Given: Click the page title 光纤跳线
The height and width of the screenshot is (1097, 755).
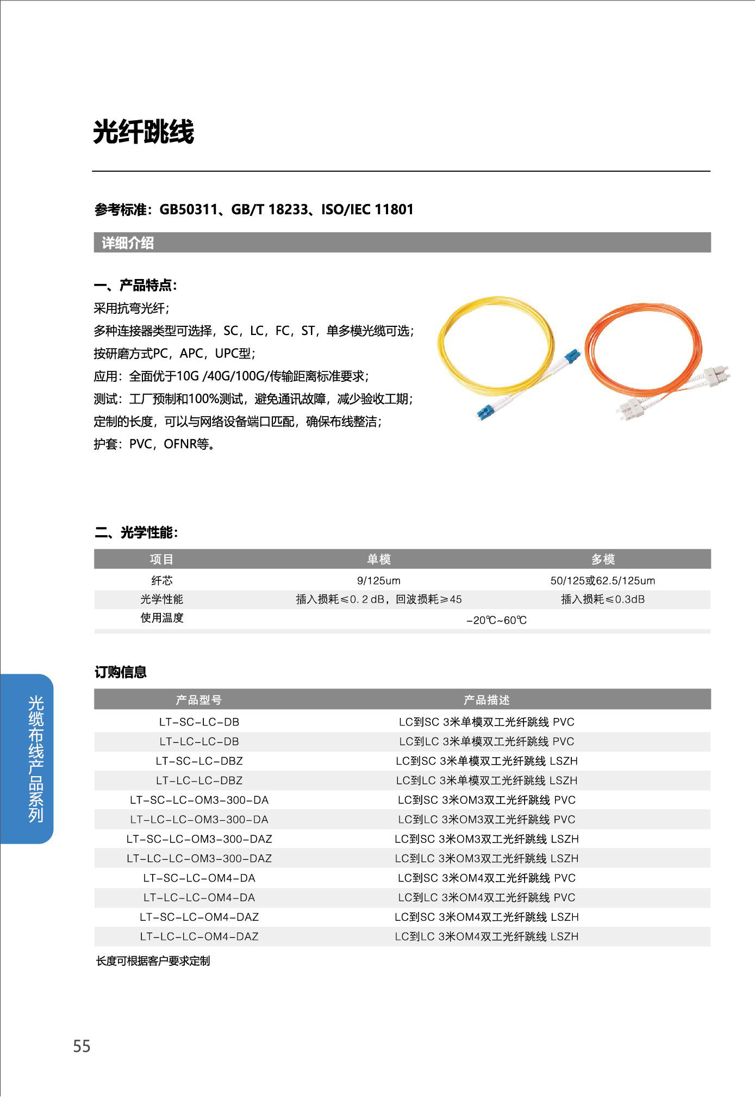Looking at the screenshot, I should (x=143, y=132).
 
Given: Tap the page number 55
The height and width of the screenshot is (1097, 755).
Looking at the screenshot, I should (x=82, y=1046).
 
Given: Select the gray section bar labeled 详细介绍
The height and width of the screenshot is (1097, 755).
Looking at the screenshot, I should (x=402, y=243).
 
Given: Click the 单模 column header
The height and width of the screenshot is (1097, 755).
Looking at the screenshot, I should (x=378, y=559).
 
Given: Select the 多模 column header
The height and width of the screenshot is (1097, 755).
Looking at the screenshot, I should (x=602, y=559).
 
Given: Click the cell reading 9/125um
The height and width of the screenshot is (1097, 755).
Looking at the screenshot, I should (x=378, y=580).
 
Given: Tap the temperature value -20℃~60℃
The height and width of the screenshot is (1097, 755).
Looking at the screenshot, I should (x=496, y=620).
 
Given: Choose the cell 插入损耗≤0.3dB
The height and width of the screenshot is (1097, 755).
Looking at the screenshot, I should (x=602, y=599).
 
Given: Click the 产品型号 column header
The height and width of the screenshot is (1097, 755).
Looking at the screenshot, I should (x=198, y=699).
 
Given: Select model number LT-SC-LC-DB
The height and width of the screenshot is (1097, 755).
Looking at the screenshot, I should (x=199, y=722).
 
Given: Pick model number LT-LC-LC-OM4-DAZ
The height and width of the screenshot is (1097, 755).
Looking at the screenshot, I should (x=199, y=936).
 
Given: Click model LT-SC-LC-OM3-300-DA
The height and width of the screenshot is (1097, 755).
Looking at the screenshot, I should (x=199, y=800).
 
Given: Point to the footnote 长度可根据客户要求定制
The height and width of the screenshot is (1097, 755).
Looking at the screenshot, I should (x=153, y=961).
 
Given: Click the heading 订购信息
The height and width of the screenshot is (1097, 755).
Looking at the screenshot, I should (x=121, y=672).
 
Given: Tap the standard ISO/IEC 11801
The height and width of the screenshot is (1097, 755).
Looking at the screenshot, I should (x=367, y=209).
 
